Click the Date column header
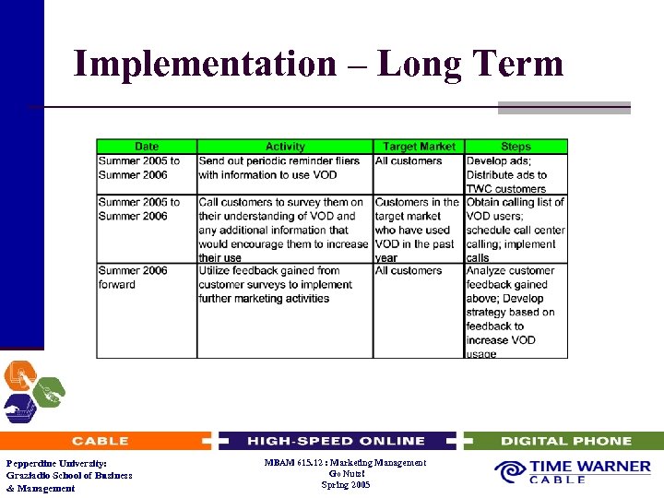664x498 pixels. pos(147,147)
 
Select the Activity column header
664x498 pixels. pos(285,147)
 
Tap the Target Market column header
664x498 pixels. pos(419,147)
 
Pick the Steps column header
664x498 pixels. pos(516,147)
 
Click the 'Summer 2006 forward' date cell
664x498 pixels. pos(133,278)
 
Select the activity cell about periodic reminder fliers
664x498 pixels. pos(279,168)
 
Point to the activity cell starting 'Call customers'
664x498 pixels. pos(283,230)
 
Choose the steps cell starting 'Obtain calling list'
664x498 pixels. pos(515,230)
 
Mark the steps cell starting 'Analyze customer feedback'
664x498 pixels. pos(511,312)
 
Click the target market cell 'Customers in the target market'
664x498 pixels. pos(417,230)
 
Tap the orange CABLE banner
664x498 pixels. pos(101,441)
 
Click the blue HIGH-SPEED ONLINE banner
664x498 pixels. pos(336,441)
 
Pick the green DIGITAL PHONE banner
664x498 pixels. pos(565,441)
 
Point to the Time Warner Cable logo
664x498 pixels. pos(573,472)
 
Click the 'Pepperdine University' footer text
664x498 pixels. pos(56,463)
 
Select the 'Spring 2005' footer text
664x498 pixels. pos(345,484)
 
